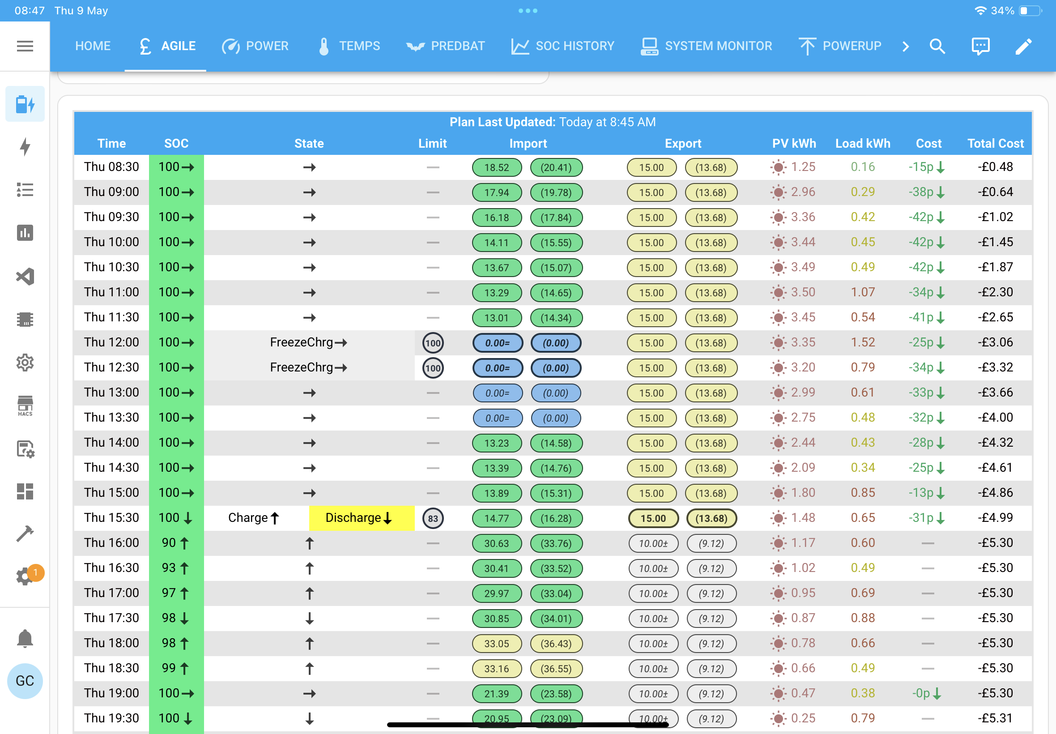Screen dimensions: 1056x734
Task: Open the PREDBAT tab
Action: click(x=446, y=46)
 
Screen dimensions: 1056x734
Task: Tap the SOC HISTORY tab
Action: click(x=563, y=46)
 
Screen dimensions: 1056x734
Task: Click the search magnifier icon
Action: click(x=937, y=46)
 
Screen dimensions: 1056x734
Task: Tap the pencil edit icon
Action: click(x=1023, y=46)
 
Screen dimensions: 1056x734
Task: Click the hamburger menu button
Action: click(x=25, y=46)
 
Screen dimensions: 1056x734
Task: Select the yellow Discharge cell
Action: click(x=362, y=518)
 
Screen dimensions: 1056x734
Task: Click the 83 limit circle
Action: click(x=433, y=518)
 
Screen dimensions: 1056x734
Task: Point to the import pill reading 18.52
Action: click(x=497, y=167)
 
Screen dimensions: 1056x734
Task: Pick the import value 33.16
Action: click(x=497, y=669)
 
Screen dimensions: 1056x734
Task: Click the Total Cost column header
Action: click(x=995, y=144)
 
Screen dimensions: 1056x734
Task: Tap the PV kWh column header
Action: click(x=794, y=144)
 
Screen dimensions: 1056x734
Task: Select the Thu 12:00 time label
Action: click(x=111, y=342)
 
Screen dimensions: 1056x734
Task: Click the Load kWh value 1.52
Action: click(x=862, y=342)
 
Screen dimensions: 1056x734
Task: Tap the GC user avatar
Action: click(x=25, y=681)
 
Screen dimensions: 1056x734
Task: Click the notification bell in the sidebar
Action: click(x=25, y=638)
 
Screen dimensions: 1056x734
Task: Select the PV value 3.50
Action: click(x=803, y=292)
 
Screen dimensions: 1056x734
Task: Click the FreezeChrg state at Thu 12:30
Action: click(x=308, y=367)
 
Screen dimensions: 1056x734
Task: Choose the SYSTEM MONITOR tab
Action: click(x=706, y=46)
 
